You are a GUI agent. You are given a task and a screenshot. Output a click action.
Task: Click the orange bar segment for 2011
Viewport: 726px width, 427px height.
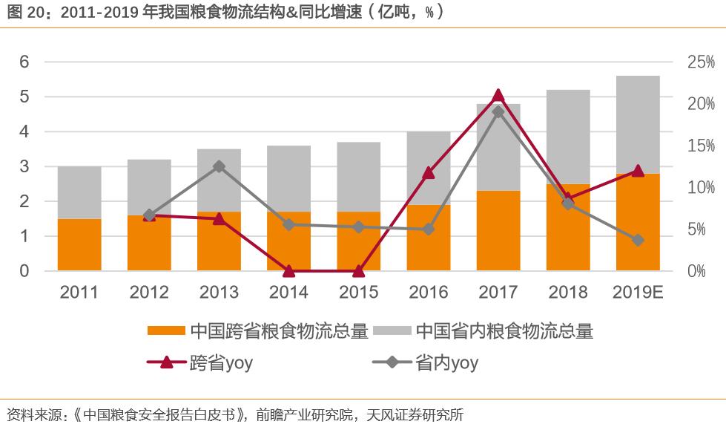(79, 244)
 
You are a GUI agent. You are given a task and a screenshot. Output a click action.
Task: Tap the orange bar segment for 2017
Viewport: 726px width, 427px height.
(498, 230)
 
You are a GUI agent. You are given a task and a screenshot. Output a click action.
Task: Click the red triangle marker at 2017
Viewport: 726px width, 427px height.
(498, 96)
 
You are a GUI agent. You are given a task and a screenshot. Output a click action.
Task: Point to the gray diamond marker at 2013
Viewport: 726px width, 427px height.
(219, 166)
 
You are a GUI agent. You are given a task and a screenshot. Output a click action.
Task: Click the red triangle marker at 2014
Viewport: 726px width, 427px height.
(288, 271)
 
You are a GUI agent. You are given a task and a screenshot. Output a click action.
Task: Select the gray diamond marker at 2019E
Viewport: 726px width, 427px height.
(638, 240)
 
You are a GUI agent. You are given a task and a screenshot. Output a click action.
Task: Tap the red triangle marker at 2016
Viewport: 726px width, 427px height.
(428, 173)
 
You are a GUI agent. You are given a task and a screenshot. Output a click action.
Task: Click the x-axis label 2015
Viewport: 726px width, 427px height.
(358, 293)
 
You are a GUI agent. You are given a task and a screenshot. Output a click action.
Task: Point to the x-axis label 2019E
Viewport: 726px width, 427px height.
(638, 293)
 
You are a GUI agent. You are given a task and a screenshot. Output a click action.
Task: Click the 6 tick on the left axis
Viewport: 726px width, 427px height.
(24, 62)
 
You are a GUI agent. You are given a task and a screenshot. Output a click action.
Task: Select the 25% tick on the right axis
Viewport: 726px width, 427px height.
(701, 62)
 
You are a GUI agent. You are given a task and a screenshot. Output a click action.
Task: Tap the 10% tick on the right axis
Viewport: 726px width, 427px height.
(701, 187)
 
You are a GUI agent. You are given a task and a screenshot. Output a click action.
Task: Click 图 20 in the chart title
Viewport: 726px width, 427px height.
(24, 12)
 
